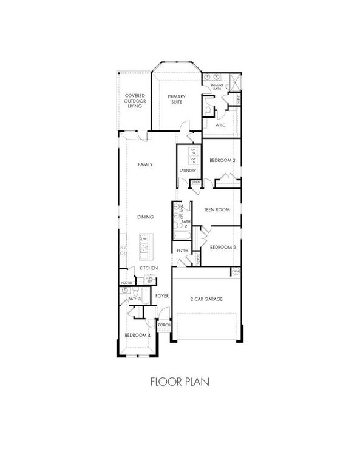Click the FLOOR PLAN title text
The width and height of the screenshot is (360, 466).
pos(180,383)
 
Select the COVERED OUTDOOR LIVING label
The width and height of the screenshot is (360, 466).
pos(134,101)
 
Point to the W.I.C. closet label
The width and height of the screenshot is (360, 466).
pos(220,125)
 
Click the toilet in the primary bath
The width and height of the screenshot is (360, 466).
pos(208,110)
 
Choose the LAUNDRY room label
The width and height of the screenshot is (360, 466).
pos(187,171)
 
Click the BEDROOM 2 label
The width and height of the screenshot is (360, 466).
pos(222,161)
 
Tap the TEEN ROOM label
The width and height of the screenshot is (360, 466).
pos(216,209)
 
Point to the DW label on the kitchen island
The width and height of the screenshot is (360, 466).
pos(144,239)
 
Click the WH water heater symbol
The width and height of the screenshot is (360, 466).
pos(236,271)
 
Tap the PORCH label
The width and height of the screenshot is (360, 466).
pos(164,325)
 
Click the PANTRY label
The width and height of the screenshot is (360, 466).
pos(126,283)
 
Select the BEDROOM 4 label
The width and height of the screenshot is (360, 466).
pos(137,335)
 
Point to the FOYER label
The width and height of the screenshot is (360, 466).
pos(161,295)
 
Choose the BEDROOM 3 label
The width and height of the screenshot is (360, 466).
pos(222,247)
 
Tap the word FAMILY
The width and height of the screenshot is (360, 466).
pos(144,164)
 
